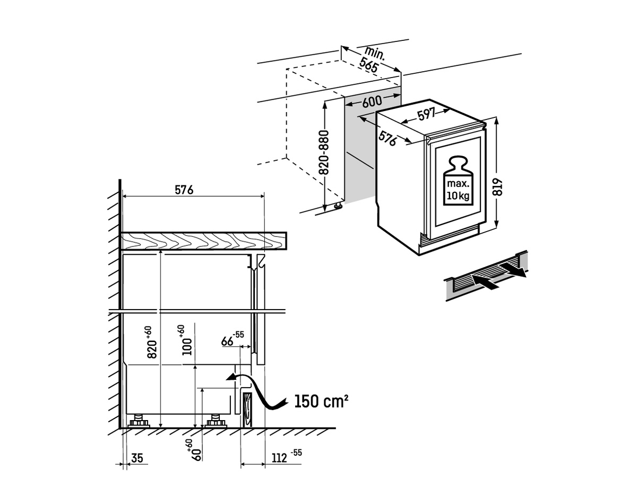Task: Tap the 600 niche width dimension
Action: pos(373,102)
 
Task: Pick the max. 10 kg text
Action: pos(457,190)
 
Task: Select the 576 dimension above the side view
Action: pos(184,189)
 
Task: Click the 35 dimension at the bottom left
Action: pos(136,458)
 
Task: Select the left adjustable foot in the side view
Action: pos(141,421)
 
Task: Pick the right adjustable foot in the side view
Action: pos(215,421)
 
